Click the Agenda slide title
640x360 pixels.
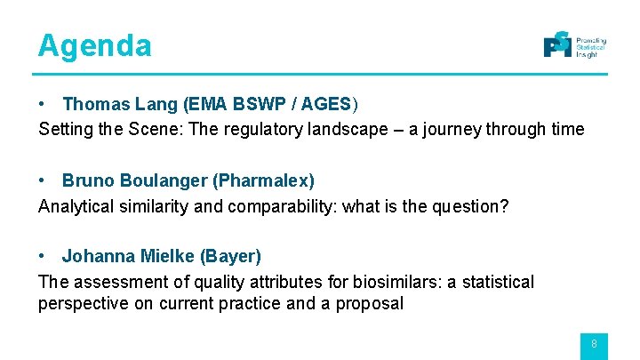(94, 45)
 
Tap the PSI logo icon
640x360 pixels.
(557, 44)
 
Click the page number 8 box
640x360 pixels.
(594, 345)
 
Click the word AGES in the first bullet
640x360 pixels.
(326, 105)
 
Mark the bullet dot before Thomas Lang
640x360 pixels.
(44, 105)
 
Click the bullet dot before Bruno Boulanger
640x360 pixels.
(44, 181)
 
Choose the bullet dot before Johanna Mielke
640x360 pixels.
(44, 257)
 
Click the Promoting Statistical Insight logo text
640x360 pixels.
(591, 48)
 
